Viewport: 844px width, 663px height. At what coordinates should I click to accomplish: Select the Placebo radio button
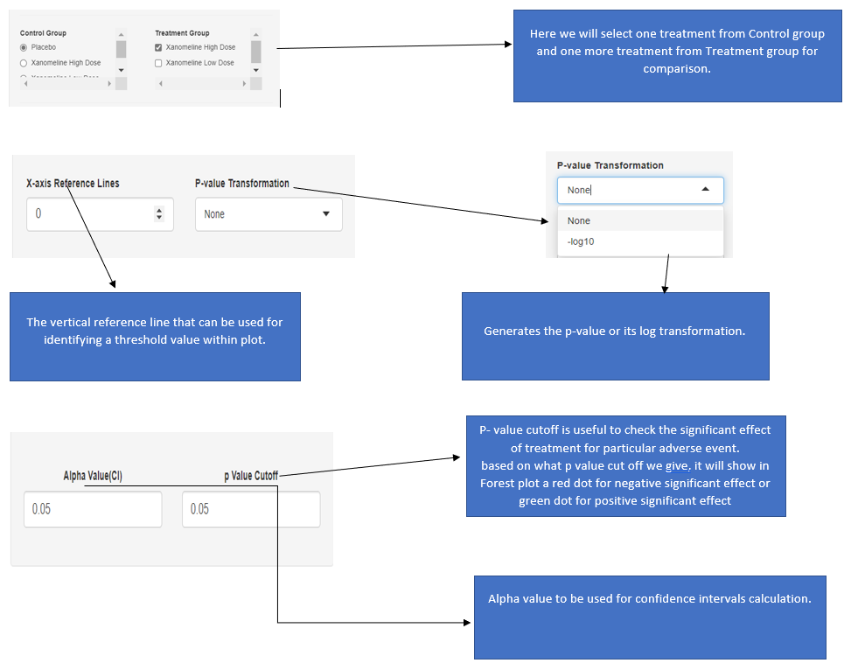pos(24,47)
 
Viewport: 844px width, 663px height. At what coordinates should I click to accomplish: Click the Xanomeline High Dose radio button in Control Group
pos(24,63)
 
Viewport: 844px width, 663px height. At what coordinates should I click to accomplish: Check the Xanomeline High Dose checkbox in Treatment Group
pos(158,47)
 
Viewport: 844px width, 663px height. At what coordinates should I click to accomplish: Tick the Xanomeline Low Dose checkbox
pos(158,63)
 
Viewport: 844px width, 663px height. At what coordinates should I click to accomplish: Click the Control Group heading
pos(43,33)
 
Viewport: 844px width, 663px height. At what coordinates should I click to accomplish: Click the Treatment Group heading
pos(182,33)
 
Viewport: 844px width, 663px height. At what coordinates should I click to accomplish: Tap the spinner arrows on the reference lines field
pos(158,214)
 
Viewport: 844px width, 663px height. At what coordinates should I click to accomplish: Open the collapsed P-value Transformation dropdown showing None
pos(269,214)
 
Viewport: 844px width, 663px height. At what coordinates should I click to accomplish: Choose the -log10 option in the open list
pos(581,241)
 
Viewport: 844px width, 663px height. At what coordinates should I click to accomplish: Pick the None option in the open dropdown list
pos(579,220)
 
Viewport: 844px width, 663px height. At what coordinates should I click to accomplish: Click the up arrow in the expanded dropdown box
pos(706,190)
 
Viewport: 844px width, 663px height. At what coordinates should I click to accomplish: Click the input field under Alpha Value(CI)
pos(93,509)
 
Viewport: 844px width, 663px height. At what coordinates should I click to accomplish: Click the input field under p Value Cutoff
pos(251,509)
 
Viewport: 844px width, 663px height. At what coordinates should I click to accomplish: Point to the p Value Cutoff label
pos(251,476)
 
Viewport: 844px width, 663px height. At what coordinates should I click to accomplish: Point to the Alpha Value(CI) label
pos(93,476)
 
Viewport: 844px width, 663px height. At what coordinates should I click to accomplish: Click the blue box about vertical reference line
pos(155,337)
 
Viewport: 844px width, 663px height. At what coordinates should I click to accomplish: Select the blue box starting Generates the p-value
pos(615,336)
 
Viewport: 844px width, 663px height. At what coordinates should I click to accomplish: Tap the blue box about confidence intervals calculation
pos(650,617)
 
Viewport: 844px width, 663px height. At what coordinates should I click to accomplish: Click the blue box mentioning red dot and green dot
pos(625,466)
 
